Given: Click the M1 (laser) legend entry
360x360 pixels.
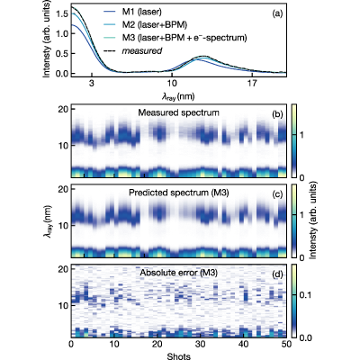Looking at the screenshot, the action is (x=133, y=13).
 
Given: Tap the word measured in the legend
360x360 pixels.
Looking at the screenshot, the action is (x=142, y=51).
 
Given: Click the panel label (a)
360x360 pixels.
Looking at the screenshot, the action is (x=277, y=13).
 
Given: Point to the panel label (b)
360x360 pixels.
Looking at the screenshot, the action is (x=277, y=113).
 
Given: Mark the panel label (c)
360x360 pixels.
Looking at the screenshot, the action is (x=277, y=194).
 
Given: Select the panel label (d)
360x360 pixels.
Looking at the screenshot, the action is (x=277, y=274).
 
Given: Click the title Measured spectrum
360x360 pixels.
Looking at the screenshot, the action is (x=179, y=112).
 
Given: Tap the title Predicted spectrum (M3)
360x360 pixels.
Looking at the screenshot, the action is (x=179, y=193).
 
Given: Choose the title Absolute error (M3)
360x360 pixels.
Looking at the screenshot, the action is (x=179, y=273).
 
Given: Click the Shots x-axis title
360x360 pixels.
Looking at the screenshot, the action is (x=179, y=355).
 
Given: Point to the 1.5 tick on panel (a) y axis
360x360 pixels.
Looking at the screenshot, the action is (x=63, y=13).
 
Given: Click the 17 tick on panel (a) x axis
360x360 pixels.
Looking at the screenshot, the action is (x=252, y=84).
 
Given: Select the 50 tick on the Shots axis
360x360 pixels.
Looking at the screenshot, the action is (x=287, y=344).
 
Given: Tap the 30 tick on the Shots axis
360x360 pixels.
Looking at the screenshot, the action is (x=201, y=344).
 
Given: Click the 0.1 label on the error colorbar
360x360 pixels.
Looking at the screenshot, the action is (x=306, y=295).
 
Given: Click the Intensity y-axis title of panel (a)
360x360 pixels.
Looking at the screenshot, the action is (x=47, y=40).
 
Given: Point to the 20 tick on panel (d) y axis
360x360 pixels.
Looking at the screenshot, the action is (x=62, y=269).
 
